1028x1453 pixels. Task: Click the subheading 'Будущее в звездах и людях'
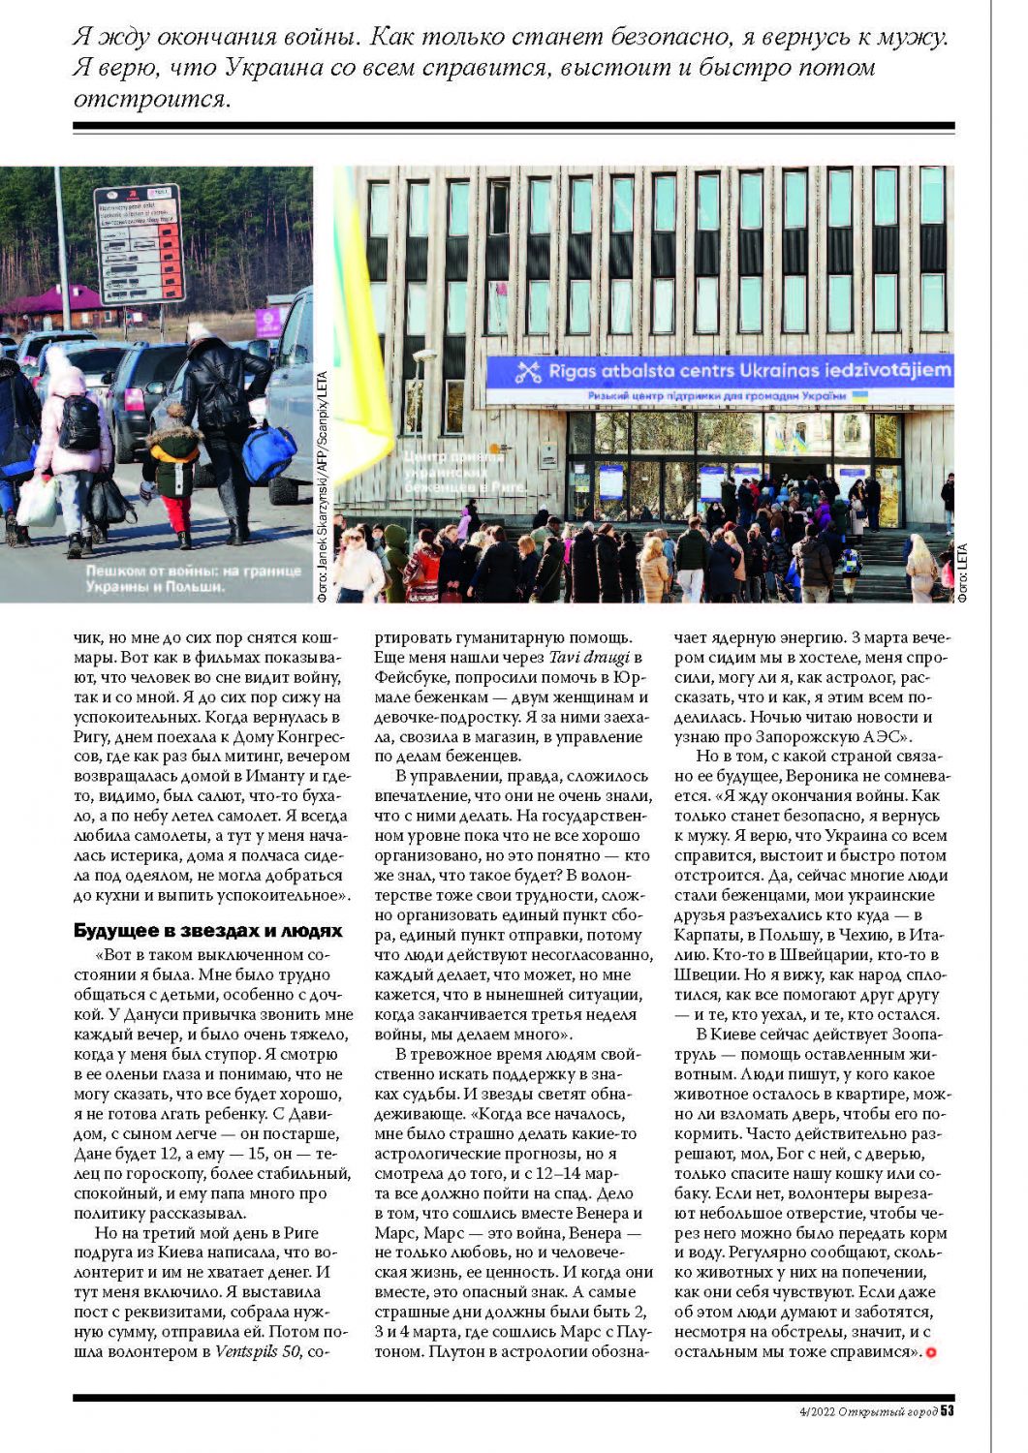(208, 931)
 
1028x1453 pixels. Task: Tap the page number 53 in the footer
(947, 1410)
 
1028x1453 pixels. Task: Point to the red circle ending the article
(931, 1352)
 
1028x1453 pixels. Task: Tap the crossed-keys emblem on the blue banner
(527, 371)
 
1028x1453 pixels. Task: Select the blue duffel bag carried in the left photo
(268, 452)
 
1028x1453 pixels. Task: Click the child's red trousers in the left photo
(176, 513)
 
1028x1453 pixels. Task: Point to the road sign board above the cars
(139, 243)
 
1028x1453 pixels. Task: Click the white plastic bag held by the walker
(36, 502)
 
